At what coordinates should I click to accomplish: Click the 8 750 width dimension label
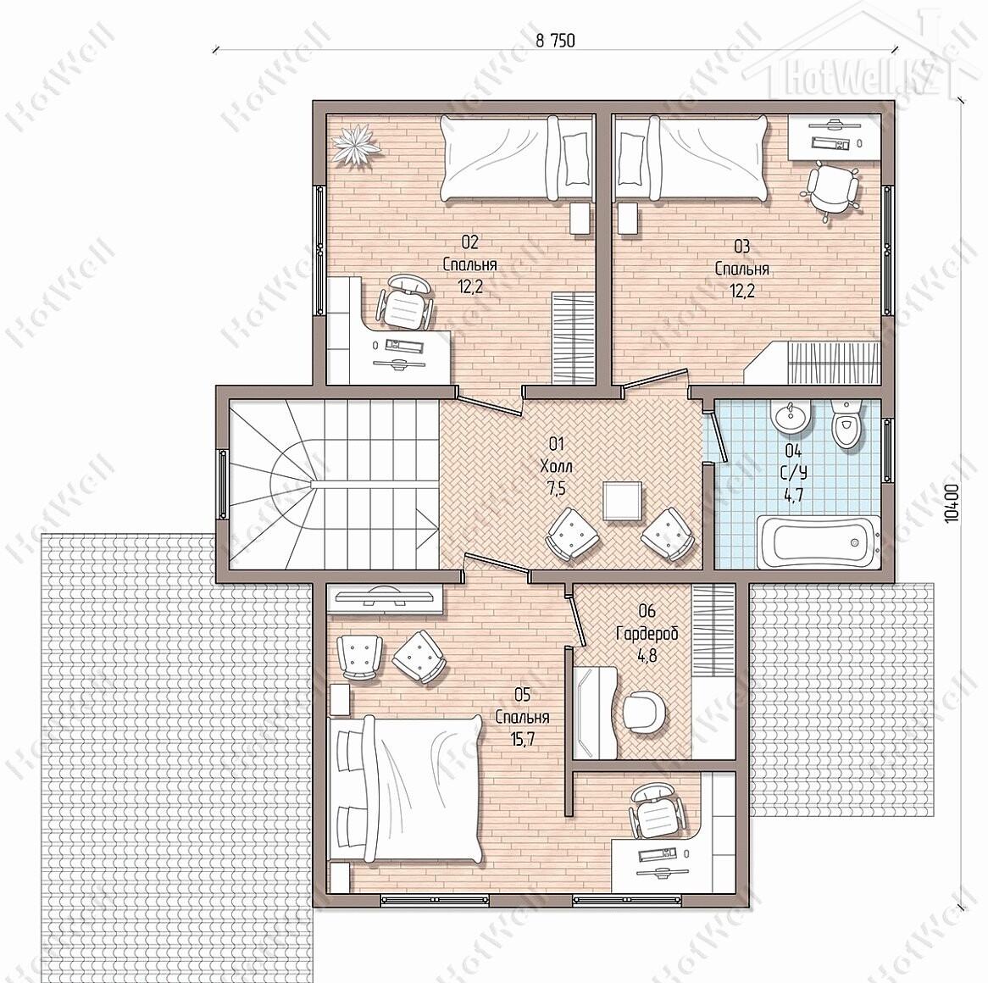555,41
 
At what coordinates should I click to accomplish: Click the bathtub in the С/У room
817,540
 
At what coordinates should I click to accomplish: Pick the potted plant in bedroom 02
357,146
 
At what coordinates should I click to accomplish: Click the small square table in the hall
623,501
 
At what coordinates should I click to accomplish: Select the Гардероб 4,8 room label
647,633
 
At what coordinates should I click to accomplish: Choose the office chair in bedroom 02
406,303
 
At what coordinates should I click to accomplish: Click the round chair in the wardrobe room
644,713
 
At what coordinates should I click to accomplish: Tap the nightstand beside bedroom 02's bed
580,218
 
